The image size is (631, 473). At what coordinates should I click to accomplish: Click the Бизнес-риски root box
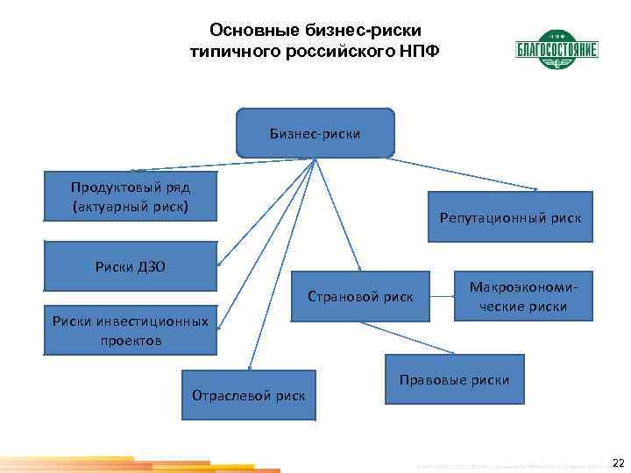315,133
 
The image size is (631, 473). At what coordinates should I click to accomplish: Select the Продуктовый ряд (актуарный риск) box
131,196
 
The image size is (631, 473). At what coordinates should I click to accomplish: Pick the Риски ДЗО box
131,266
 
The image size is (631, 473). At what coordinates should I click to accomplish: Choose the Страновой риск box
360,296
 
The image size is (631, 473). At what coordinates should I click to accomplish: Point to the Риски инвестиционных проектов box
131,330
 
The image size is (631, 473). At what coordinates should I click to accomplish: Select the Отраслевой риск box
249,395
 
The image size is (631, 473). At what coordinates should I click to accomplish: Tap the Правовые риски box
454,380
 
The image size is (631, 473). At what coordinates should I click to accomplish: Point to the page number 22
618,462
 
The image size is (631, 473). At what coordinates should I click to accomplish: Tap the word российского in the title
343,52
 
